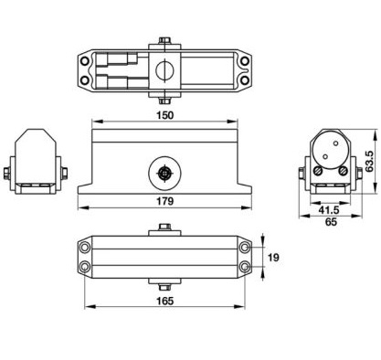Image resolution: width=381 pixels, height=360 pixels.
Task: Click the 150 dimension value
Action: pyautogui.click(x=164, y=115)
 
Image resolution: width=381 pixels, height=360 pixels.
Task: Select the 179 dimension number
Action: pyautogui.click(x=164, y=201)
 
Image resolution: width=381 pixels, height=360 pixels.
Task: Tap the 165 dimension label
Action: pyautogui.click(x=164, y=301)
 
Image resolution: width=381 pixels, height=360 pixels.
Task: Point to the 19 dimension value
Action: pyautogui.click(x=273, y=258)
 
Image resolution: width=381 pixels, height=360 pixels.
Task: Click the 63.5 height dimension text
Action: pyautogui.click(x=370, y=162)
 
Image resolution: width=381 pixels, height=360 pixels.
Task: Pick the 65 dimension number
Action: pyautogui.click(x=331, y=222)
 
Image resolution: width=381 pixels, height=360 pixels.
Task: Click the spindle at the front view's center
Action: pyautogui.click(x=164, y=174)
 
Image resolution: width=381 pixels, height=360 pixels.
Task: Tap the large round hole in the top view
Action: pyautogui.click(x=164, y=70)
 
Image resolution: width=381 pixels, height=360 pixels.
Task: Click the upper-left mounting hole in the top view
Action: pyautogui.click(x=85, y=61)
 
